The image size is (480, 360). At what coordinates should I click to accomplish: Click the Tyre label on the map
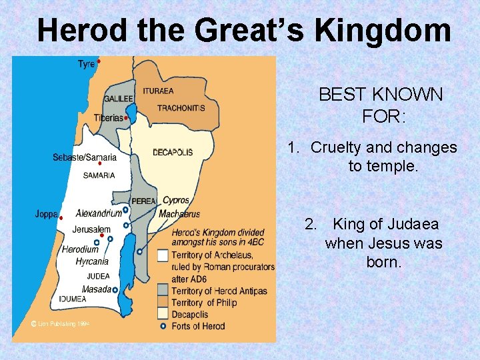coord(86,64)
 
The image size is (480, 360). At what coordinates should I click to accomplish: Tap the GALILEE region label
coord(118,99)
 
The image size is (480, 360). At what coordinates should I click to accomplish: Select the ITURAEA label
coord(158,91)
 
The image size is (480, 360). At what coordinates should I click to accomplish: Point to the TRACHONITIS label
coord(181,108)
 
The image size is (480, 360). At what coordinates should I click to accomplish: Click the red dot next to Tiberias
coord(126,117)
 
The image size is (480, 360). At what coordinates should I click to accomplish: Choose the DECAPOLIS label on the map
coord(173,152)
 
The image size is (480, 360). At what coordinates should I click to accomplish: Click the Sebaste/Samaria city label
coord(85,158)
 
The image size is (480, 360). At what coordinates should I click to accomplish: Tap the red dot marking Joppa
coord(61,218)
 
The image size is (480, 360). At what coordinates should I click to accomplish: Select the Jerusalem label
coord(91,230)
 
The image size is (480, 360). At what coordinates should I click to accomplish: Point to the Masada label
coord(96,289)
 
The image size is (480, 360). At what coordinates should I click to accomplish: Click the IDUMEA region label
coord(71,299)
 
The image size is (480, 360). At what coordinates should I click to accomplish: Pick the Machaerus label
coord(179,214)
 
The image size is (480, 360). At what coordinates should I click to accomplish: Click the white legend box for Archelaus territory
coord(163,255)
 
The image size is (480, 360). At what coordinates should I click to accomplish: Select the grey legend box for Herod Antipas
coord(163,291)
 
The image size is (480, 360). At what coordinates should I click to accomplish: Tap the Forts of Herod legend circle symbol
coord(163,327)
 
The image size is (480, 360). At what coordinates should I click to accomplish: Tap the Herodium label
coord(80,249)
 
